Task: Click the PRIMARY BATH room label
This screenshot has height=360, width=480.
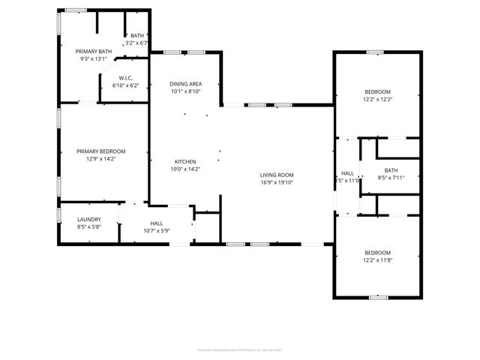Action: tap(93, 51)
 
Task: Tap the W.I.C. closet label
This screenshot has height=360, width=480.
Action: tap(125, 78)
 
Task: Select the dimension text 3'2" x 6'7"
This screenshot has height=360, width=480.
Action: tap(137, 43)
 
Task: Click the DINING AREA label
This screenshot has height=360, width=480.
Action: tap(185, 84)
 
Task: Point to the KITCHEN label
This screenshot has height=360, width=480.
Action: tap(185, 162)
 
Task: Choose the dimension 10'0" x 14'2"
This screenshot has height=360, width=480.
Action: tap(185, 169)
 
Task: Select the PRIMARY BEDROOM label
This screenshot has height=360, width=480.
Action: tap(101, 151)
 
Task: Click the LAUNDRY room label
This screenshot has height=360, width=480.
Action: tap(89, 219)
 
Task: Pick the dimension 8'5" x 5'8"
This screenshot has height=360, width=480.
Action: tap(89, 226)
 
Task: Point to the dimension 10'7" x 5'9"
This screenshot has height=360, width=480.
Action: tap(157, 230)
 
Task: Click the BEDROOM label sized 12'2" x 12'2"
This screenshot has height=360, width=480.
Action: tap(377, 91)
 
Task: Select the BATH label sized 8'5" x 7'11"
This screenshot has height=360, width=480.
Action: tap(391, 170)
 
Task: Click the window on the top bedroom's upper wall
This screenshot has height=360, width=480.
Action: tap(375, 52)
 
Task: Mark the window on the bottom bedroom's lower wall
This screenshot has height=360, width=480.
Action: tap(378, 297)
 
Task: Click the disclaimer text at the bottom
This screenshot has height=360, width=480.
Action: tap(241, 349)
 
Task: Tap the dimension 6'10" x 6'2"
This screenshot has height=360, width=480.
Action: tap(125, 85)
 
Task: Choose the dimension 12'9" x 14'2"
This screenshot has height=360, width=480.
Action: tap(101, 158)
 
